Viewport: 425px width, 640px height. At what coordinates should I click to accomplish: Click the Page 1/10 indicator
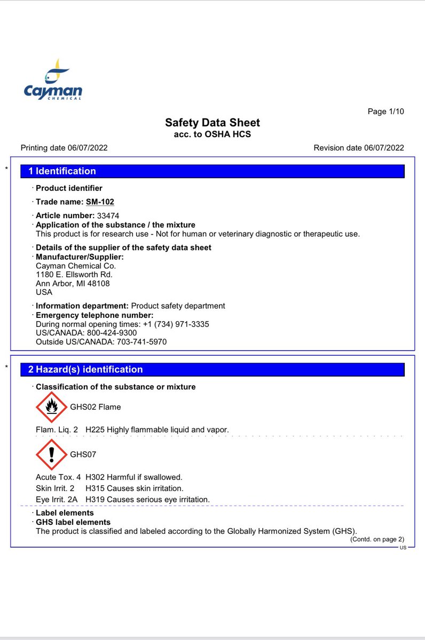click(x=385, y=111)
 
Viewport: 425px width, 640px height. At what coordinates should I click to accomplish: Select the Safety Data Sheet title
click(x=212, y=123)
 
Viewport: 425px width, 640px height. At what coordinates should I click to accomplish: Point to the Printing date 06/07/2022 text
click(x=64, y=148)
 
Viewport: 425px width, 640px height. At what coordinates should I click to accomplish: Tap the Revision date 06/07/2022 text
click(x=359, y=148)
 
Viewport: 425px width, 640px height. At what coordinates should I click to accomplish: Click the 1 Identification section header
click(x=62, y=171)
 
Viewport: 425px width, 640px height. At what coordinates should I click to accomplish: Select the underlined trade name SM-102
click(x=100, y=202)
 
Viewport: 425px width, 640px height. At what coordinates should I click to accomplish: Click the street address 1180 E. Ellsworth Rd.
click(x=74, y=274)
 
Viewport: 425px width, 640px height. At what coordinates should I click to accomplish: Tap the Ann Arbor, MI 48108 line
click(x=73, y=283)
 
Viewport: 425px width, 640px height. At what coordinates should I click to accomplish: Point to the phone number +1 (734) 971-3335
click(x=176, y=324)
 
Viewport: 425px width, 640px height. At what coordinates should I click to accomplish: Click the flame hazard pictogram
click(x=51, y=407)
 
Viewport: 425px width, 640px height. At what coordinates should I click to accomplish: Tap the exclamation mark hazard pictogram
click(x=51, y=455)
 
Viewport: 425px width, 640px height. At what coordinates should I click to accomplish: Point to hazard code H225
click(x=95, y=429)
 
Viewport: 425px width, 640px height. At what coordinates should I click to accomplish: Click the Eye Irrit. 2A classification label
click(x=56, y=499)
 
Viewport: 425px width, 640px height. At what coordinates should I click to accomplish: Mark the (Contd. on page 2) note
click(x=377, y=539)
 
